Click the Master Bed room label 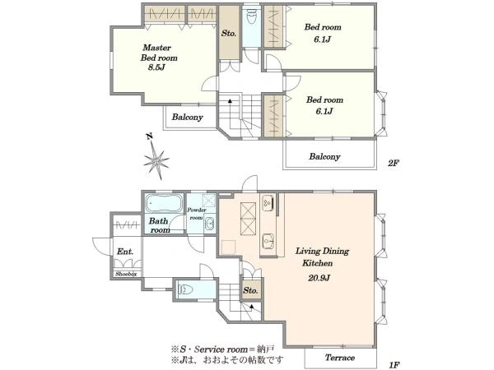[159, 53]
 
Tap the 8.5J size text [156, 67]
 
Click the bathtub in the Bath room [164, 203]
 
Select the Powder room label [196, 214]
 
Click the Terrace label [340, 358]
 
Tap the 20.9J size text [319, 278]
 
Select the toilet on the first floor [186, 289]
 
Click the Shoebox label [126, 274]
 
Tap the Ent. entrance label [125, 252]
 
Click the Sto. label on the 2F [228, 33]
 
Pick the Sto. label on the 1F [250, 290]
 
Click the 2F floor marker [394, 163]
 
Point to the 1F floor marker [394, 365]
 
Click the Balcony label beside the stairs [187, 117]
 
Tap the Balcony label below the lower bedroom [324, 156]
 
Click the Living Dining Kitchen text [322, 257]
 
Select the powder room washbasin [209, 224]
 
